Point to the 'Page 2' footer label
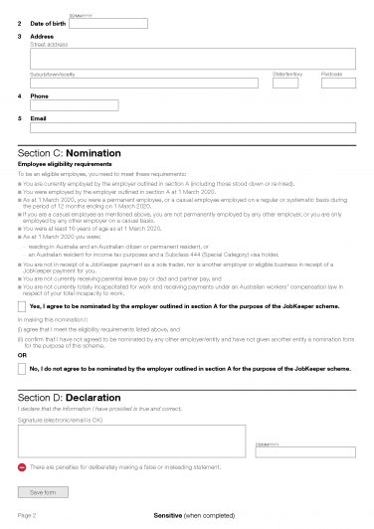[26, 517]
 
